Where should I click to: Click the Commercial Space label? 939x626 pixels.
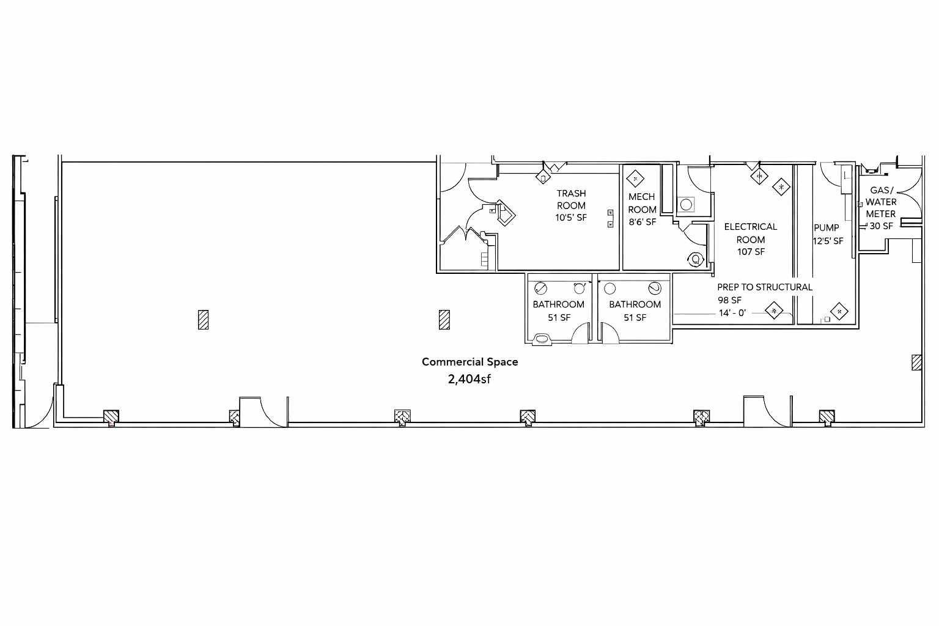(x=469, y=362)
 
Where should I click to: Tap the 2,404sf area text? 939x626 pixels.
(x=469, y=379)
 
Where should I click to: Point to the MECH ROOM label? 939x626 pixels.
(x=642, y=203)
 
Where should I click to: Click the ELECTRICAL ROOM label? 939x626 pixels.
(x=750, y=233)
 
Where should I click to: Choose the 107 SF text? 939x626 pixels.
(x=751, y=252)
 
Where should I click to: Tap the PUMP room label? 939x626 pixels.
(x=827, y=227)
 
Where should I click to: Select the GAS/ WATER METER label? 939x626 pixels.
(x=881, y=202)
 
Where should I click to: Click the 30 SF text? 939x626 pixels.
(x=881, y=226)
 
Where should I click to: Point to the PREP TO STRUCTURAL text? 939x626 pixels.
(x=765, y=287)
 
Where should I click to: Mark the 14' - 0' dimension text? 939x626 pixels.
(x=732, y=313)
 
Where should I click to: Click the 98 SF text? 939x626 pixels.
(x=729, y=300)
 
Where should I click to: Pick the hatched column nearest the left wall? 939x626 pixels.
(x=204, y=320)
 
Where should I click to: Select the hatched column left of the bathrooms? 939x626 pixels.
(x=444, y=320)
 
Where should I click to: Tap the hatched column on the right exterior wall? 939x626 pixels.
(x=916, y=363)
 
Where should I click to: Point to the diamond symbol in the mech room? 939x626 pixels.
(x=635, y=179)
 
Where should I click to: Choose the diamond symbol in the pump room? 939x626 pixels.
(x=839, y=312)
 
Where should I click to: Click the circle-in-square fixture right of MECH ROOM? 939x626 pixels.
(x=686, y=205)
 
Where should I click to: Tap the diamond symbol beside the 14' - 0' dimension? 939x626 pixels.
(x=774, y=311)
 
